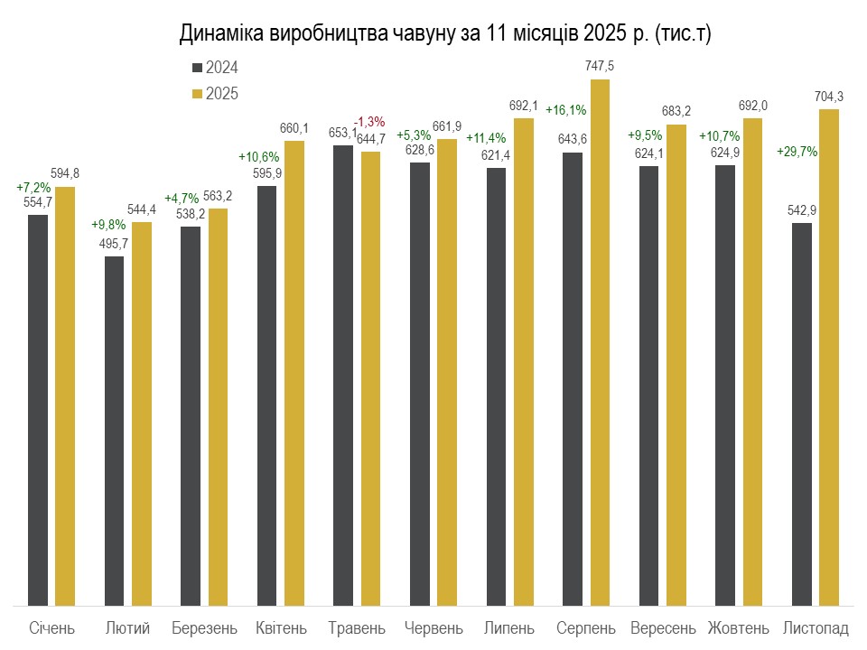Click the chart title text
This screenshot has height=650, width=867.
tap(446, 34)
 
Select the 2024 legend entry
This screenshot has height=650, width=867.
tap(216, 68)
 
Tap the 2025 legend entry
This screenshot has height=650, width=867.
tap(216, 93)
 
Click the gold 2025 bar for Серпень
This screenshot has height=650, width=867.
tap(600, 343)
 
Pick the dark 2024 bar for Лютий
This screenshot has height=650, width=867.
tap(114, 431)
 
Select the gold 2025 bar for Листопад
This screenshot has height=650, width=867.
tap(829, 357)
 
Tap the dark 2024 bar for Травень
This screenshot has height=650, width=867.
tap(343, 375)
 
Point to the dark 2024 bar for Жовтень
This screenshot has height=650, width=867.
tap(725, 385)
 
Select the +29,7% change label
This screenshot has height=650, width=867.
tap(797, 152)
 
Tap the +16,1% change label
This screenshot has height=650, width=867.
tap(566, 110)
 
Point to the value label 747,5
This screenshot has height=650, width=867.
tap(601, 67)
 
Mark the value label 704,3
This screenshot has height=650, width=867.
tap(829, 97)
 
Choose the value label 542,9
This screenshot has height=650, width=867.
tap(801, 210)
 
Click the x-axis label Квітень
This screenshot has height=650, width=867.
tap(281, 627)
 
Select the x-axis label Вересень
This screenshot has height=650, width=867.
tap(663, 627)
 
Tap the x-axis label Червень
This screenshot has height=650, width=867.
tap(433, 627)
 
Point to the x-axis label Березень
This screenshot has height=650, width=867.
tap(204, 627)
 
